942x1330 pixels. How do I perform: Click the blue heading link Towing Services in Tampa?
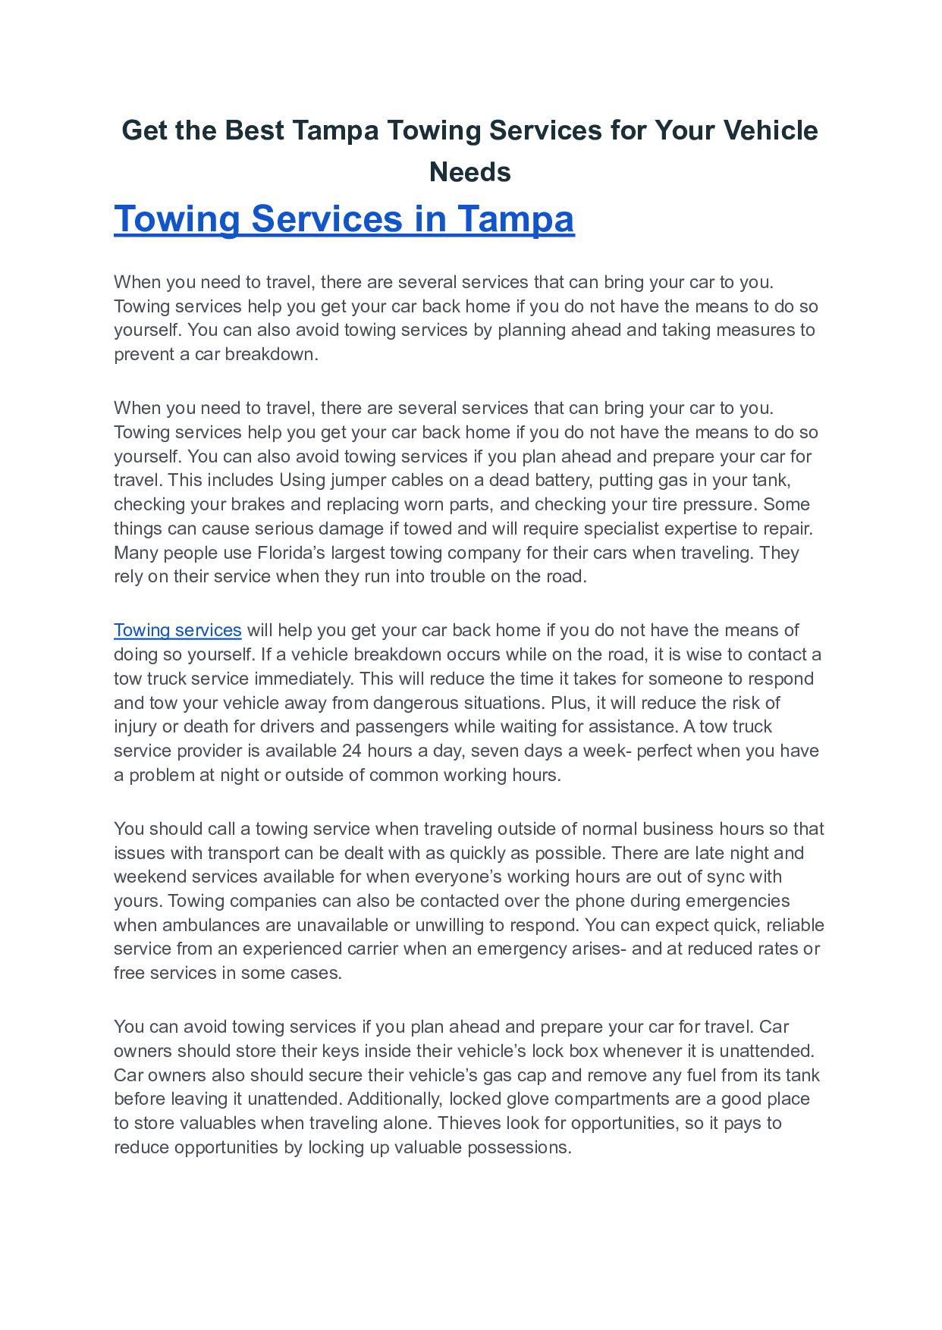point(344,219)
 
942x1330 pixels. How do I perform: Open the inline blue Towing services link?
point(177,630)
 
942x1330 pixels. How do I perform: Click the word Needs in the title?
point(470,172)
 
